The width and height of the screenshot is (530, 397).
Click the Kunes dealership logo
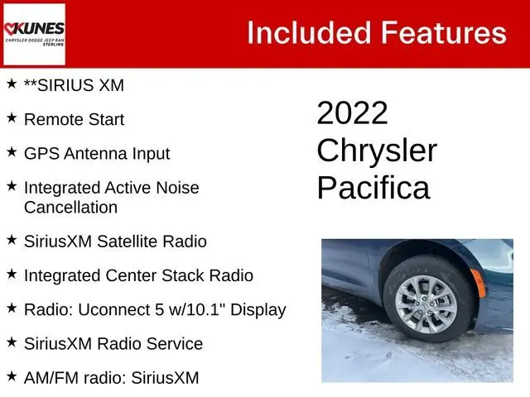[34, 33]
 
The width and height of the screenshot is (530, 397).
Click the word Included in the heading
[306, 33]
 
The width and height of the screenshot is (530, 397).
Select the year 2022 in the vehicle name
[352, 113]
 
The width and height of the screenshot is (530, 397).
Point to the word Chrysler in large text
[377, 151]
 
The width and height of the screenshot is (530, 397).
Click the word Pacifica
[373, 188]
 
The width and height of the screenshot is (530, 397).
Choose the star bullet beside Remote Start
[11, 118]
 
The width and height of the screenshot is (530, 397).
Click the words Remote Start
[75, 119]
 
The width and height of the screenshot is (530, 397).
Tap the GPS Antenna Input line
[97, 154]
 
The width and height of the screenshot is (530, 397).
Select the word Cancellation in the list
[71, 207]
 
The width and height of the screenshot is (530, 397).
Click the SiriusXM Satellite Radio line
[115, 242]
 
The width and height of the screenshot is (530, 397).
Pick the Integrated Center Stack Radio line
[138, 275]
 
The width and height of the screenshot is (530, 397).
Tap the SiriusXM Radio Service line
[113, 343]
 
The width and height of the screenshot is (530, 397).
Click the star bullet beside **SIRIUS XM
[11, 84]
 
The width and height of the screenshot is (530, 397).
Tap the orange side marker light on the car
[479, 283]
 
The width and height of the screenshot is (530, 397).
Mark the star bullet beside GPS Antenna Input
[11, 153]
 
